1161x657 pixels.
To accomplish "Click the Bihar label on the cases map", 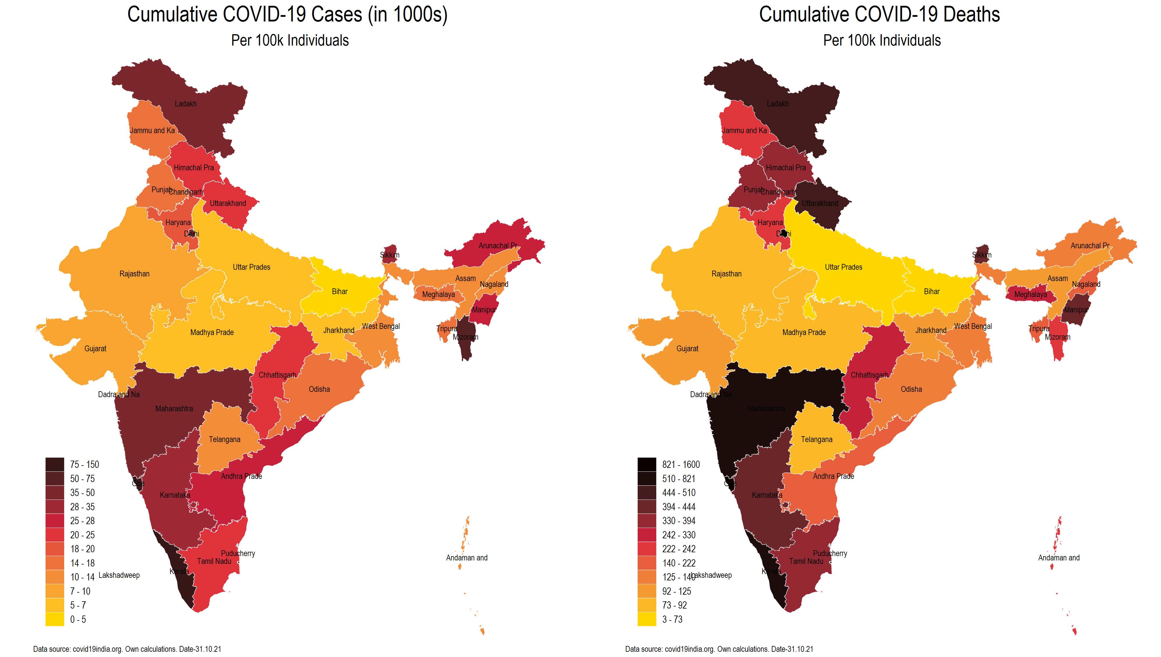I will tap(340, 292).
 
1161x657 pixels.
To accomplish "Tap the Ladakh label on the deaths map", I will tap(777, 104).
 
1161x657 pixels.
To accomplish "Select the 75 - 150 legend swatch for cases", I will tap(55, 464).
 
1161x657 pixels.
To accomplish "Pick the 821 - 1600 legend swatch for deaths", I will tap(646, 464).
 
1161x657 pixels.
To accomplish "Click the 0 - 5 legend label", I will tap(77, 620).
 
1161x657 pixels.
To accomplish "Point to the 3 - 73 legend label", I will tap(672, 620).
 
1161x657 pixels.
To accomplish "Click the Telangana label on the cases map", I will tap(224, 439).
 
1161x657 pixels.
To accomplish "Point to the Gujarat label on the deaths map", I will tap(687, 349).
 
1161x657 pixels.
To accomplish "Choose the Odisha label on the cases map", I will tap(319, 390).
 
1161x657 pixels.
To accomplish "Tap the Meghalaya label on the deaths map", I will tap(1030, 295).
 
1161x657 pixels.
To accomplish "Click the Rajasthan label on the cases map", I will tap(134, 274).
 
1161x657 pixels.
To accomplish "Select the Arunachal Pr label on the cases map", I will tap(497, 246).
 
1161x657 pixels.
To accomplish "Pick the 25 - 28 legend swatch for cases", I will tap(55, 521).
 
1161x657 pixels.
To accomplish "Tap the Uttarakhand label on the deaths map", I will tap(820, 204).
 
